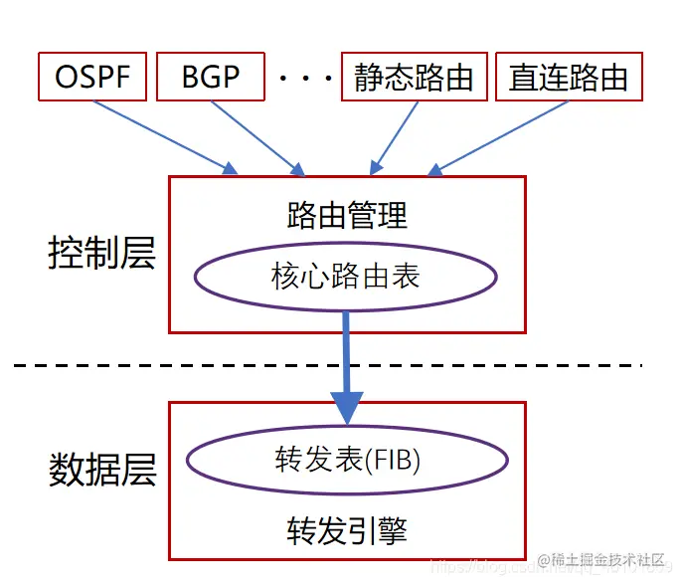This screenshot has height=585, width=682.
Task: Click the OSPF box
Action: (x=91, y=78)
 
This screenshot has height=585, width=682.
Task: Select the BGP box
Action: (x=211, y=78)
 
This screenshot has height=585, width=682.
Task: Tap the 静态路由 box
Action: (x=414, y=78)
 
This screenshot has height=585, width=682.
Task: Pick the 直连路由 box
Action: (x=568, y=78)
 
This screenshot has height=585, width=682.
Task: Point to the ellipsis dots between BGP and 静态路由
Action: (x=304, y=78)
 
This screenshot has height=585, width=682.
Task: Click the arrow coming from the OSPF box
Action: (x=169, y=136)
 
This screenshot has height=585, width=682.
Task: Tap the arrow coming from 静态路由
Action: (x=396, y=136)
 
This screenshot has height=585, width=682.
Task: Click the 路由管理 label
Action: (x=346, y=215)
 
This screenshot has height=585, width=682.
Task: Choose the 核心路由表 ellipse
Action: (x=346, y=276)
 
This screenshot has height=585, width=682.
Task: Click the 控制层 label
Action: (x=101, y=254)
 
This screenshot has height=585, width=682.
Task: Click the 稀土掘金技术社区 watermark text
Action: (x=608, y=560)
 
